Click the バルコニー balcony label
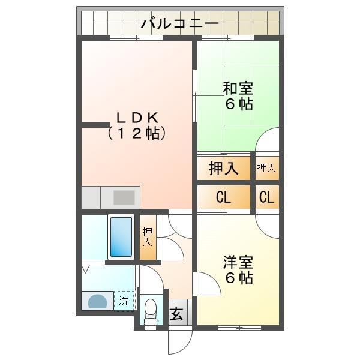tap(180, 25)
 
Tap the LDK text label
tap(137, 117)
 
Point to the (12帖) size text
tap(137, 133)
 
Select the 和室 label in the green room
tap(238, 88)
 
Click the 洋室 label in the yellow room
tap(238, 262)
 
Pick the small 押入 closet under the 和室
tap(267, 169)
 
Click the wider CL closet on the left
tap(223, 197)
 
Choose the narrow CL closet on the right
tap(267, 197)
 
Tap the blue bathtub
tap(121, 236)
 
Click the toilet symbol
tap(151, 310)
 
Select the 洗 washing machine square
tap(124, 301)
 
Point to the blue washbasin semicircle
tap(97, 301)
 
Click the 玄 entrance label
tap(178, 313)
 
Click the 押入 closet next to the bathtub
tap(148, 236)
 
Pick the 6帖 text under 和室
tap(238, 104)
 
